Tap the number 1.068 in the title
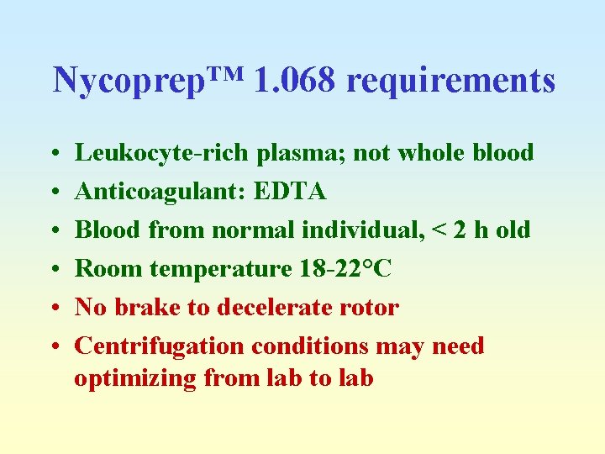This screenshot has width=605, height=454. tap(294, 80)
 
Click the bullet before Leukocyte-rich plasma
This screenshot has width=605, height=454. tap(54, 154)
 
